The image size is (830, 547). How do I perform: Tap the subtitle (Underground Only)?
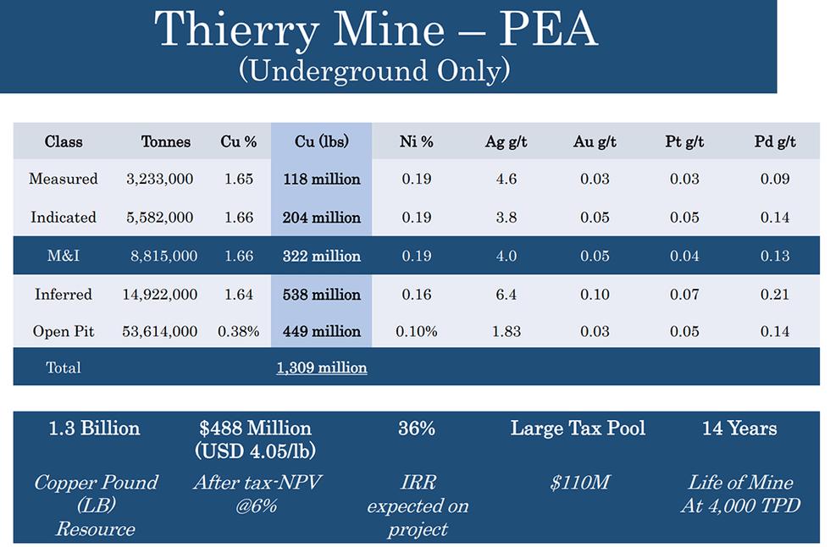point(374,70)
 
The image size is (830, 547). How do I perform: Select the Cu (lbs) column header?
point(321,141)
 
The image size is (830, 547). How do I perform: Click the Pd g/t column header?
point(775,141)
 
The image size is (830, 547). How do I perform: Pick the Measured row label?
point(64,179)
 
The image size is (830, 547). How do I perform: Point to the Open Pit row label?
point(64,331)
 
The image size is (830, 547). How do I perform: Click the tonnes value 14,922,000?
point(162,295)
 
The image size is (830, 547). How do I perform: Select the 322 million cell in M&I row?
point(321,256)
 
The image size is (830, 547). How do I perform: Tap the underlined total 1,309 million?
point(321,367)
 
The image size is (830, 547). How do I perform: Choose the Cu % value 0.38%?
point(238,331)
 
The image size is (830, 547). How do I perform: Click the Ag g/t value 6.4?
point(506,295)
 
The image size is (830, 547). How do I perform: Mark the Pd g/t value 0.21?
point(775,295)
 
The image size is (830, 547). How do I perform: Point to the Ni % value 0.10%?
point(417,331)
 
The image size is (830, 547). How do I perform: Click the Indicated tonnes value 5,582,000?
point(162,217)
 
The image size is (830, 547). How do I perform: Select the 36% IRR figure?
point(417,428)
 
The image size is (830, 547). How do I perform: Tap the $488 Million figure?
point(256,428)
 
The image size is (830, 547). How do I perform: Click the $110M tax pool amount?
point(578,483)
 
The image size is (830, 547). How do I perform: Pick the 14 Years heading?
point(739,428)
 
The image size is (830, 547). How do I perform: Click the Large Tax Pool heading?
point(578,428)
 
